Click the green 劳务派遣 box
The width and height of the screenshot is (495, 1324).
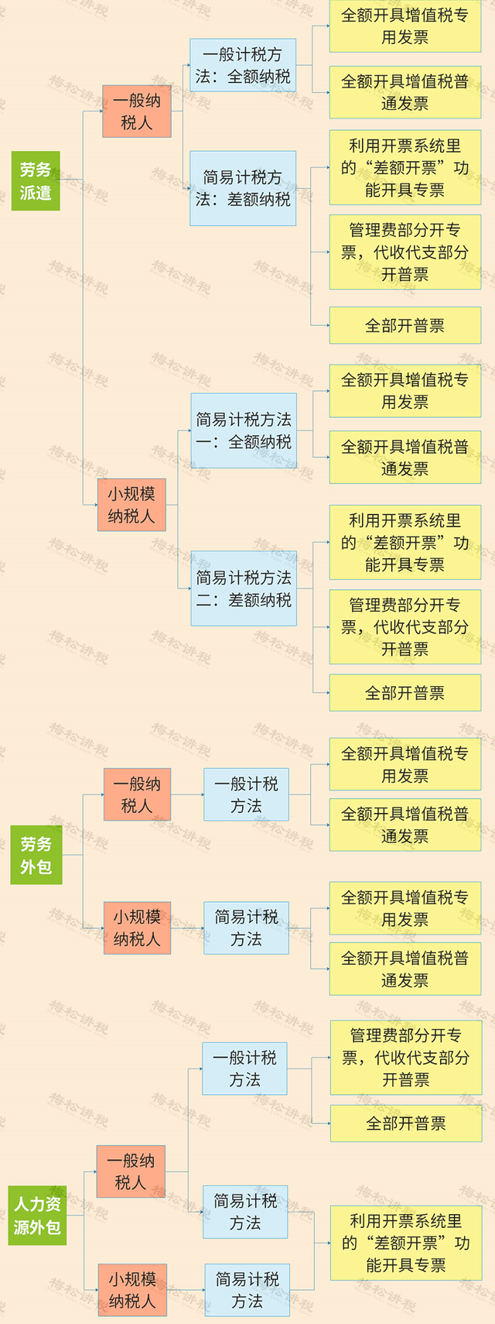[x=36, y=181]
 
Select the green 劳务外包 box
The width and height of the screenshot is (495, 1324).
[x=36, y=855]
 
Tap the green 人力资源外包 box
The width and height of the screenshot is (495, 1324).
[x=37, y=1216]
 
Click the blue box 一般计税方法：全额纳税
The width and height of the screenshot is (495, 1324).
[x=243, y=65]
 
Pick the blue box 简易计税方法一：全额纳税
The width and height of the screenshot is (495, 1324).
[x=244, y=430]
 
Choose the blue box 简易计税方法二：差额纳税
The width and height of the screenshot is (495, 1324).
[x=244, y=588]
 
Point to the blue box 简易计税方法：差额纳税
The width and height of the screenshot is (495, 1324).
[x=243, y=188]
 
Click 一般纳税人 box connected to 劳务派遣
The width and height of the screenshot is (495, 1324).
[x=136, y=111]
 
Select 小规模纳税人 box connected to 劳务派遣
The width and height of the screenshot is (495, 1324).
[x=131, y=505]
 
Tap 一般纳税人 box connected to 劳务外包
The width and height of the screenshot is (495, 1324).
[x=137, y=794]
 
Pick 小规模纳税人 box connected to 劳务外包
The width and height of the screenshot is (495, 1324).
[x=137, y=928]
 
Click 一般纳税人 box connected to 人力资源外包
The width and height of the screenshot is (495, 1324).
[x=131, y=1171]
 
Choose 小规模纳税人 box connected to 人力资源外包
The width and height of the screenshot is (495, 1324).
[x=132, y=1290]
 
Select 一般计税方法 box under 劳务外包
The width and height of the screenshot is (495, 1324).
[x=246, y=794]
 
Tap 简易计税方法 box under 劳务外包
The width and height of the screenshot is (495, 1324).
[x=246, y=928]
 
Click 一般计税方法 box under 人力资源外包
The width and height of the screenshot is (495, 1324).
[x=244, y=1068]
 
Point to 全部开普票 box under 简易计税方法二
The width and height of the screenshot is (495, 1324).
[x=405, y=692]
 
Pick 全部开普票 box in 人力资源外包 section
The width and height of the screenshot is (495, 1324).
[x=406, y=1123]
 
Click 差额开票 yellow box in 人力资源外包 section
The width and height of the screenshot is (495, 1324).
[x=406, y=1243]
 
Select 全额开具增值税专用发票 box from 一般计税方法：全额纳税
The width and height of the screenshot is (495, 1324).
[x=405, y=26]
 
